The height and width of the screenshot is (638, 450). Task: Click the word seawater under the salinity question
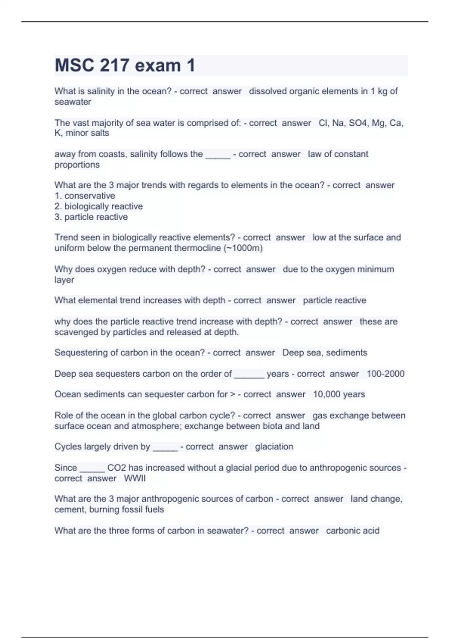click(73, 102)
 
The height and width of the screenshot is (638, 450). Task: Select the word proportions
click(77, 165)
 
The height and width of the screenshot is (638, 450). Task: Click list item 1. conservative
click(85, 196)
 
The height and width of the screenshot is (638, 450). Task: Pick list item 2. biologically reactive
click(99, 206)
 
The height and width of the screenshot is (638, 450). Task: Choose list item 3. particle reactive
click(91, 217)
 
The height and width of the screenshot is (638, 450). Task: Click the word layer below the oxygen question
click(64, 280)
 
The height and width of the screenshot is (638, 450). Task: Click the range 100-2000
click(385, 374)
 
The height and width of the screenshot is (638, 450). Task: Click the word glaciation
click(274, 447)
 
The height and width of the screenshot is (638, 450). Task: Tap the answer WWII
click(135, 478)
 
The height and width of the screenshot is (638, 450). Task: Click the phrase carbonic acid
click(352, 531)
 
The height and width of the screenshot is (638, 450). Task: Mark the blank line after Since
click(92, 468)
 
